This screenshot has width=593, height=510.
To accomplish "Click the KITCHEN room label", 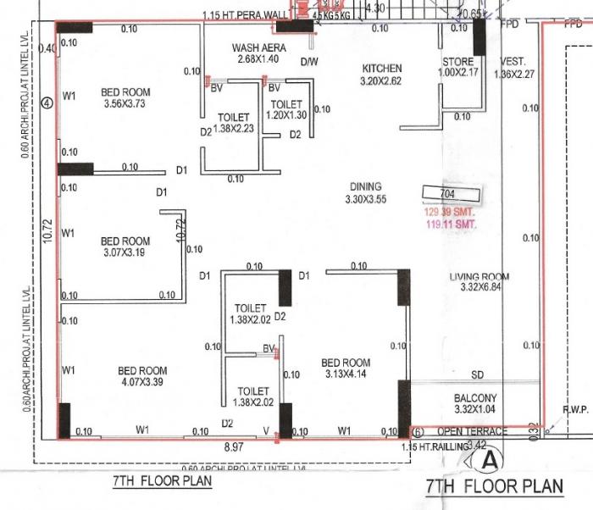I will tap(382, 69).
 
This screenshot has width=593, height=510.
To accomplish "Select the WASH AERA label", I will tap(259, 48).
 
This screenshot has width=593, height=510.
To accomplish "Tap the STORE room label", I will tap(457, 62).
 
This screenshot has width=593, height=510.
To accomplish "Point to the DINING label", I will tap(365, 186).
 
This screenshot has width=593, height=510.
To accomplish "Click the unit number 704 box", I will tap(448, 194).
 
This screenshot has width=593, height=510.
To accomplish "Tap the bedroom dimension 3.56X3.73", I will tap(125, 104).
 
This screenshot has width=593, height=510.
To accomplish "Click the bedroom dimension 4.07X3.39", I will tap(142, 382).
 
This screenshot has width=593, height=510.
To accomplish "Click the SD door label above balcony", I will tap(477, 374).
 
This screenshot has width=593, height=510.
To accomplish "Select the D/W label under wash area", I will tap(308, 61).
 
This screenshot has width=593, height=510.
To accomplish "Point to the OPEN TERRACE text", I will tap(472, 431).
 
